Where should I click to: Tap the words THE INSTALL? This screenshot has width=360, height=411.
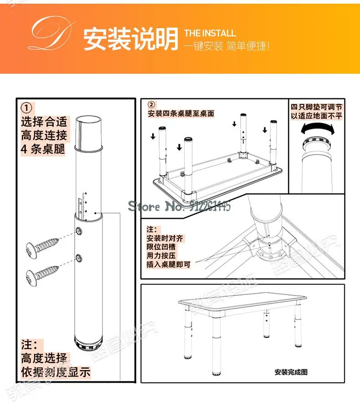click(x=210, y=33)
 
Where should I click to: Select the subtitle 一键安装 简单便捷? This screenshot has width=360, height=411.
click(x=226, y=46)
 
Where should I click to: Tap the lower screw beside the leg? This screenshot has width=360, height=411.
click(x=43, y=275)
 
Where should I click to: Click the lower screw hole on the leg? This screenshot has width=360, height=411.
click(x=79, y=258)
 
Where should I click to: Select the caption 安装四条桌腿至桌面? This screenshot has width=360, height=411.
click(x=181, y=113)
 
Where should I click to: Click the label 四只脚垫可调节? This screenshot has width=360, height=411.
click(x=317, y=107)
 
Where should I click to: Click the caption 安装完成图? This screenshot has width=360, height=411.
click(x=291, y=372)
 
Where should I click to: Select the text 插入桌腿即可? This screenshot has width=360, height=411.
click(x=169, y=264)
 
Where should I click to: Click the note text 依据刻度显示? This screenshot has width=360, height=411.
click(x=56, y=372)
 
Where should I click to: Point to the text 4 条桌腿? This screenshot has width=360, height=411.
click(x=43, y=148)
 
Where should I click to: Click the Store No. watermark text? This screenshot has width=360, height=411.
click(x=180, y=207)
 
